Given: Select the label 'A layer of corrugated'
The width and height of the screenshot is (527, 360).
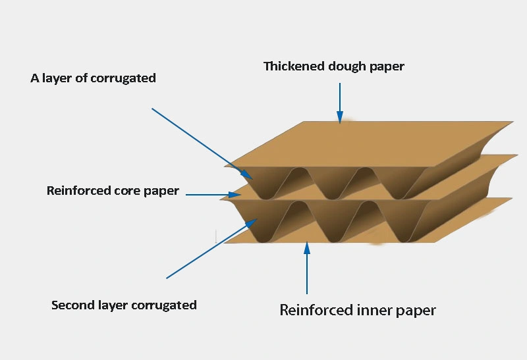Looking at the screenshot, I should pyautogui.click(x=93, y=78).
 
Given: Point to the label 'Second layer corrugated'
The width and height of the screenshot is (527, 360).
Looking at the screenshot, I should pyautogui.click(x=124, y=305).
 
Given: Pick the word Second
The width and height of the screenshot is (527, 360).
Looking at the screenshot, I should pyautogui.click(x=72, y=305).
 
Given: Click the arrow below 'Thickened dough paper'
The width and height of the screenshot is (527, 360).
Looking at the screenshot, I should pyautogui.click(x=340, y=103).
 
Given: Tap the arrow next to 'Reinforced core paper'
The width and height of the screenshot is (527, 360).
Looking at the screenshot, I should pyautogui.click(x=210, y=194).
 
